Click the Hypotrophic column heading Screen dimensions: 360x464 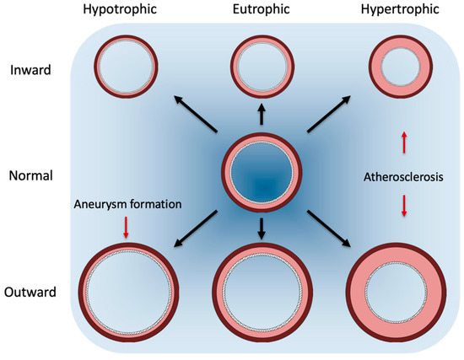coord(125,12)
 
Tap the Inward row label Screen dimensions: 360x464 coord(30,70)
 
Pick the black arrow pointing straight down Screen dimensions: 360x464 coord(261,227)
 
